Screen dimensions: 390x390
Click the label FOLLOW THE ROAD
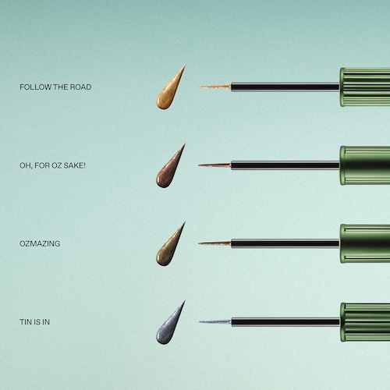[x=55, y=87]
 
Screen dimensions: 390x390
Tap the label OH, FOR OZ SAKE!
[x=52, y=165]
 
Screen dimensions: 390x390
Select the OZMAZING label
[x=40, y=243]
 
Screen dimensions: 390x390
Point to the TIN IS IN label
[x=34, y=322]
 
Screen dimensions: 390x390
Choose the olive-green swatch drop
[x=168, y=250]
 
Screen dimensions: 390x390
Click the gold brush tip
[x=214, y=87]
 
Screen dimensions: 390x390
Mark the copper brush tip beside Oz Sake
[x=214, y=165]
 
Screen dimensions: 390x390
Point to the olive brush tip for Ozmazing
[x=214, y=243]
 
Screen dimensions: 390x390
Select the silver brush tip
[x=215, y=322]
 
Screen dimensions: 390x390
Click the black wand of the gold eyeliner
[x=285, y=87]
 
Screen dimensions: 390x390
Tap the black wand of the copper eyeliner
[x=285, y=165]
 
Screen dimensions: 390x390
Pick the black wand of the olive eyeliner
[x=285, y=243]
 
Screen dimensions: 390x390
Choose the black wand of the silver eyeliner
[x=285, y=322]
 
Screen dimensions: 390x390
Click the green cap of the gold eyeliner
[x=365, y=87]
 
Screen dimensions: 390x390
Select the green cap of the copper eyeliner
[x=365, y=165]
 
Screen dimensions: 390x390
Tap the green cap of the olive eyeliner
[x=365, y=243]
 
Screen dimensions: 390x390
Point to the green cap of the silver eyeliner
[x=365, y=322]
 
